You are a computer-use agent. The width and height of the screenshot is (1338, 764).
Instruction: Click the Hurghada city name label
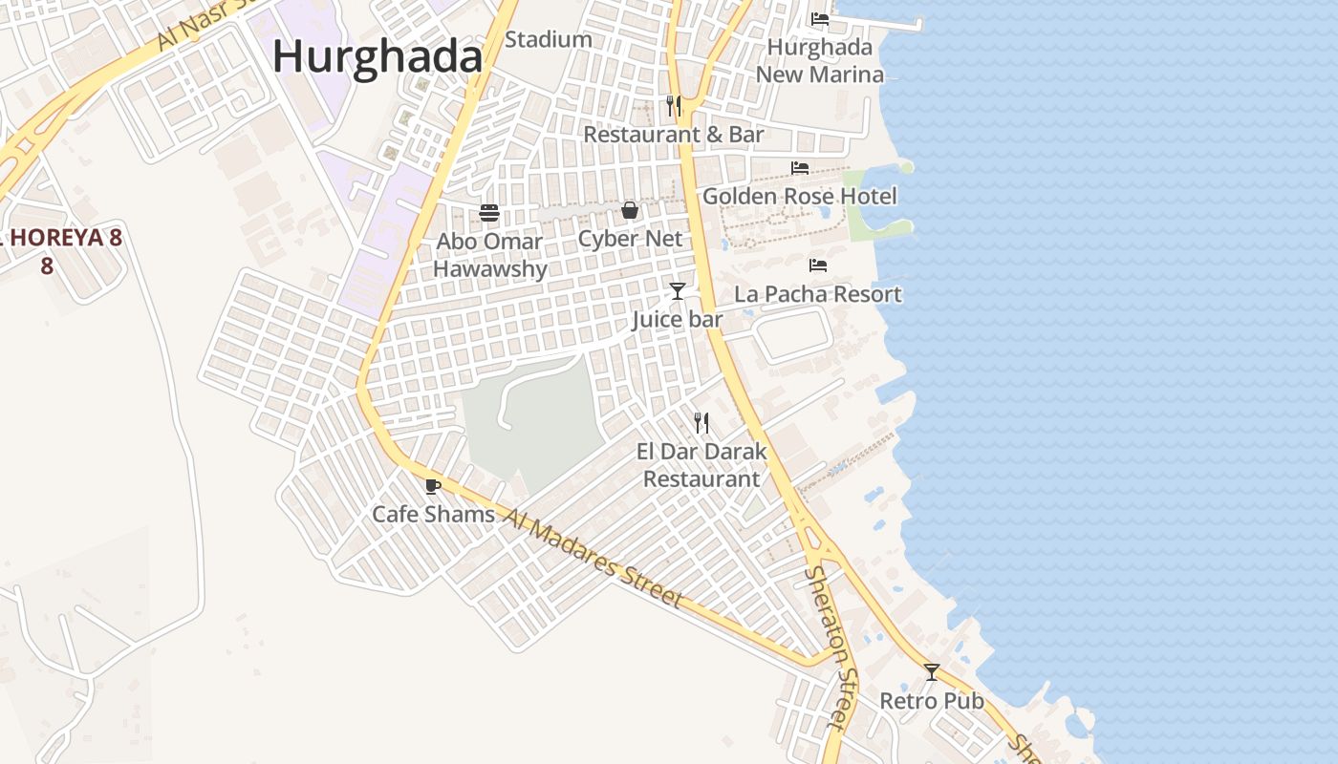(378, 56)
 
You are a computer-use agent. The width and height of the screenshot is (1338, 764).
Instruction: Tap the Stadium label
(549, 39)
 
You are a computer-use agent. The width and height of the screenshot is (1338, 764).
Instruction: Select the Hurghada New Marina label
(820, 60)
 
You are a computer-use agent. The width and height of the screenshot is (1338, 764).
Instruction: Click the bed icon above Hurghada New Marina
(820, 18)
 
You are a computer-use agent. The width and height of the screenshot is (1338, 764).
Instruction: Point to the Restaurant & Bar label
(674, 135)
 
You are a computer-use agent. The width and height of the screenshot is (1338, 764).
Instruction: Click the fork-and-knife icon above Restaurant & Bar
(674, 105)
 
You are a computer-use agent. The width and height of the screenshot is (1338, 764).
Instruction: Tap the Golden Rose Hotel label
(800, 196)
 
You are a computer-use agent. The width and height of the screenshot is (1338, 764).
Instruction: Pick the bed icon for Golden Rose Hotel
(800, 168)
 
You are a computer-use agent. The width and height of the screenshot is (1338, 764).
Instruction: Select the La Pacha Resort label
(818, 293)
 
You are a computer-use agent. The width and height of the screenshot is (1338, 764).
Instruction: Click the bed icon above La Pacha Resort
(818, 265)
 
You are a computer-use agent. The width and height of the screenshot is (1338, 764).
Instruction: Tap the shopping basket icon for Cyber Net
(630, 210)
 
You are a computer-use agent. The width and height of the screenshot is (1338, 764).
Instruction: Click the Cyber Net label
(630, 239)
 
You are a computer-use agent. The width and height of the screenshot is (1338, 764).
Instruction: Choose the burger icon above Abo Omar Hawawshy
(489, 212)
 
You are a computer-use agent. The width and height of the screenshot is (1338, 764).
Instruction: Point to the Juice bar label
(677, 320)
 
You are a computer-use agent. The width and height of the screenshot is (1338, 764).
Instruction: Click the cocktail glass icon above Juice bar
(678, 290)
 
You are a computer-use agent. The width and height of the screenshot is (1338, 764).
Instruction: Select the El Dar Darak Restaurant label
(701, 464)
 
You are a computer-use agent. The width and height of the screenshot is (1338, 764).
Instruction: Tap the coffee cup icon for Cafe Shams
(433, 486)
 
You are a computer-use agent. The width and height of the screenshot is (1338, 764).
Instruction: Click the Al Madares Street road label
(593, 558)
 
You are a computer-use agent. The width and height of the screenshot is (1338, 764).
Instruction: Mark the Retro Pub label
(932, 701)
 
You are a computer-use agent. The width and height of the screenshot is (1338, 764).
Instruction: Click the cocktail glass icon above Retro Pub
(932, 671)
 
